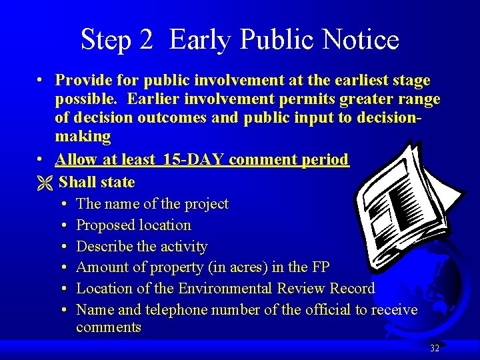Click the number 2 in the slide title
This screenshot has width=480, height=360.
point(147,40)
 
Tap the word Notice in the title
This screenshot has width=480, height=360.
point(359,40)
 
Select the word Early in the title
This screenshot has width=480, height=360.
point(201,40)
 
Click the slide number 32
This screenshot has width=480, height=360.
point(435,348)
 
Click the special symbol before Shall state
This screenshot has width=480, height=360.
point(45,182)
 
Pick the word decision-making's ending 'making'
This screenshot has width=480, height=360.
point(83,137)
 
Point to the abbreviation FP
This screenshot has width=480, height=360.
point(319,267)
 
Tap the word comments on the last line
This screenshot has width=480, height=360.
point(109,327)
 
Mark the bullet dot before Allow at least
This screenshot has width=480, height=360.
point(41,159)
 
